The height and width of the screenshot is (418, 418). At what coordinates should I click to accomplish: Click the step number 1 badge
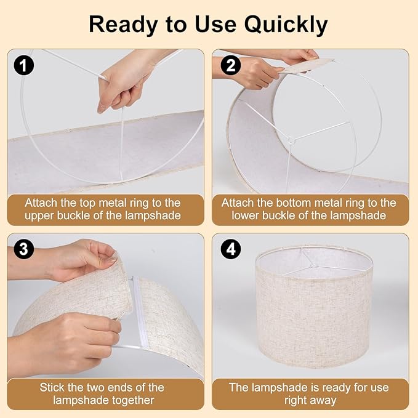click(23, 65)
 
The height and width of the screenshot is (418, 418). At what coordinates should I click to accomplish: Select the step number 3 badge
click(23, 249)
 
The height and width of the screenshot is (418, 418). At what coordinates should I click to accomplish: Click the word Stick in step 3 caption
click(53, 387)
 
